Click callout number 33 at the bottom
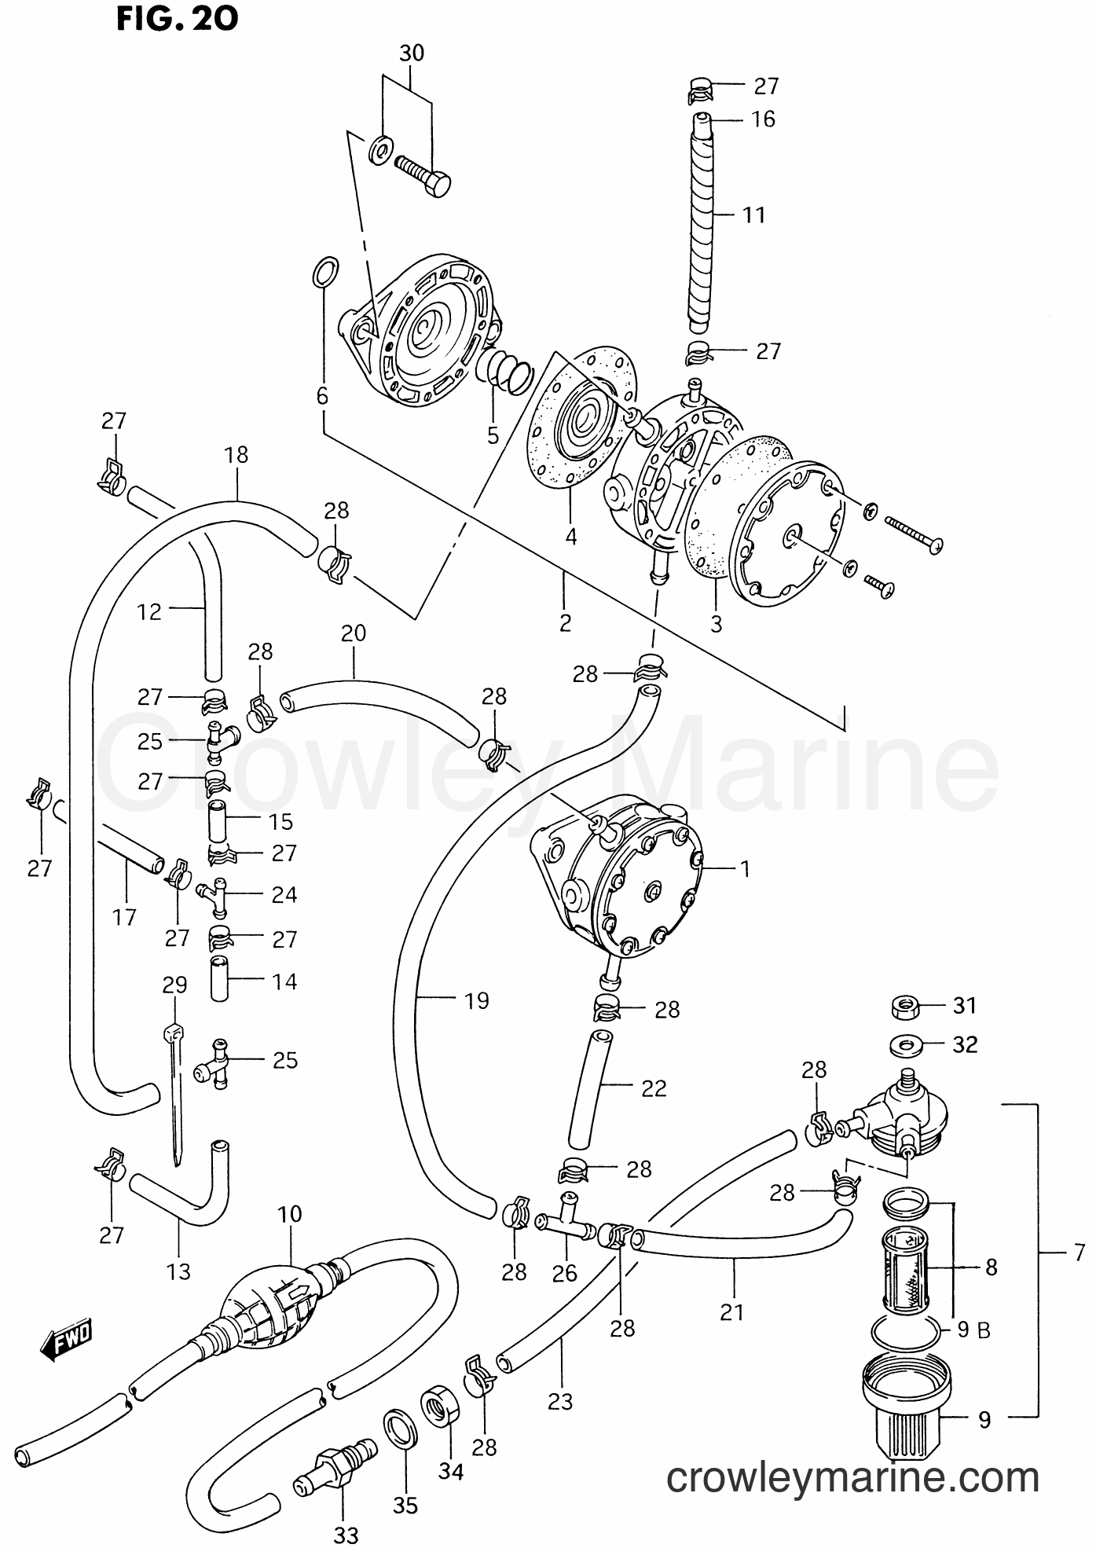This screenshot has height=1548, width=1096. pos(345,1533)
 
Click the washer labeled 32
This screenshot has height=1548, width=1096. pos(905,1045)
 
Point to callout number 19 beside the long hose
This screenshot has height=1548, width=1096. pos(476,1000)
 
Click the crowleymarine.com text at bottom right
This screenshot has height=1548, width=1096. pos(852,1479)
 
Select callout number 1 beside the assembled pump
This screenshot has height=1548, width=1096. pos(744,868)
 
